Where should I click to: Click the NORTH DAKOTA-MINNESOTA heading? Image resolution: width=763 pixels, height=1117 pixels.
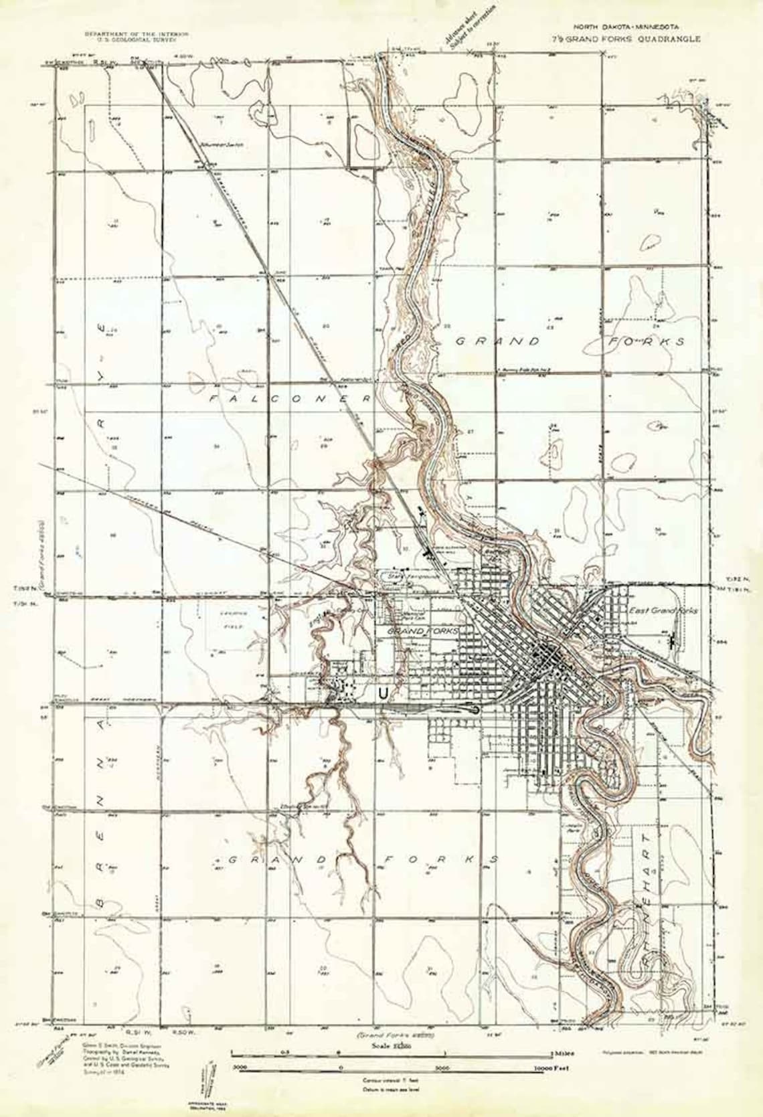tap(624, 26)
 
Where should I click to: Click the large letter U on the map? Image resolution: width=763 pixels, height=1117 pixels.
tap(383, 695)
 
